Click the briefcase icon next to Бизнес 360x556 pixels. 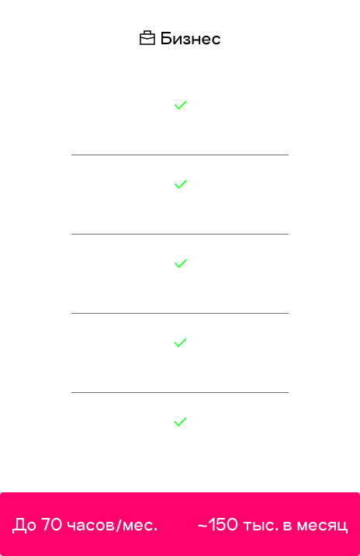coord(147,38)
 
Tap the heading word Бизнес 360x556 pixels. coord(190,39)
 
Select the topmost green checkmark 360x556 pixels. coord(181,105)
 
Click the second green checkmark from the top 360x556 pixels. coord(181,184)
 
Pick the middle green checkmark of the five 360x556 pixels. coord(181,263)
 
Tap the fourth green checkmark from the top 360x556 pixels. coord(180,342)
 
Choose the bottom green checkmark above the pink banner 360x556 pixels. coord(180,422)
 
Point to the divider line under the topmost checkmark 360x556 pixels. coord(180,155)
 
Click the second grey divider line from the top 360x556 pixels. coord(180,234)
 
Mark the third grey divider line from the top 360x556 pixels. coord(180,313)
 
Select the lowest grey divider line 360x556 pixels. coord(180,392)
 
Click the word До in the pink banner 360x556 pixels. coord(24,525)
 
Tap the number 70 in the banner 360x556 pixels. coord(51,524)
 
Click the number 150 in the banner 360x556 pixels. coord(223,524)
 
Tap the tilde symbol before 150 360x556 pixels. coord(202,526)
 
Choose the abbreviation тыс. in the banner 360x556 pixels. coord(261,526)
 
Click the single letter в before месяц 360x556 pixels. coord(288,526)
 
